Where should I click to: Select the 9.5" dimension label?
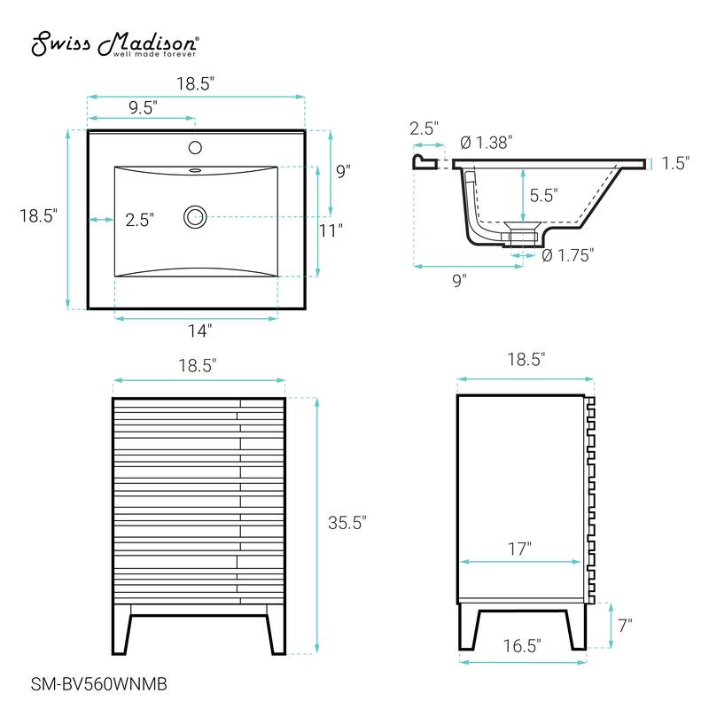point(142,108)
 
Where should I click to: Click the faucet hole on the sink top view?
point(196,147)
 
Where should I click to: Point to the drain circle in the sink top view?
point(195,215)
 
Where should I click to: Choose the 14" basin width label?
point(199,330)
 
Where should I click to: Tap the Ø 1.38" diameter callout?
point(487,142)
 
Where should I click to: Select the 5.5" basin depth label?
point(545,196)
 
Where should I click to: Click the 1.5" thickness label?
point(675,162)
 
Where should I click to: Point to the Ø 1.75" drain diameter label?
point(567,255)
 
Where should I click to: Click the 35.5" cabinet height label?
point(347,523)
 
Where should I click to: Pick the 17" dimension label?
point(519,549)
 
